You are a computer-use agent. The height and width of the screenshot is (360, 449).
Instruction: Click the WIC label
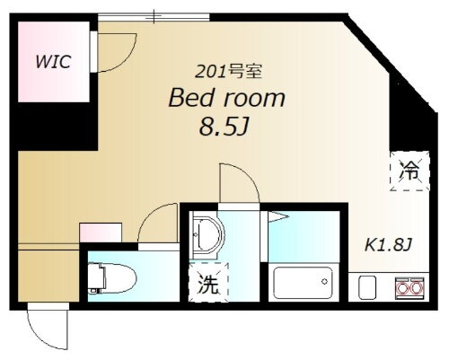(x=53, y=62)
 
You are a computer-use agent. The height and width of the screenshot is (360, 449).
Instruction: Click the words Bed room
(x=228, y=99)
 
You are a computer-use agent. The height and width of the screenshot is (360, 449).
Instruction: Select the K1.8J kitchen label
(x=386, y=245)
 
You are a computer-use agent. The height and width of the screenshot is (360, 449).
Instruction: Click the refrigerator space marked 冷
(x=409, y=171)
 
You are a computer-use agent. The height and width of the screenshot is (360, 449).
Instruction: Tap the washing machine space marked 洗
(x=209, y=285)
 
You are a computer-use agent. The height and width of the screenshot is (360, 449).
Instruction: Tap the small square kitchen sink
(x=368, y=289)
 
